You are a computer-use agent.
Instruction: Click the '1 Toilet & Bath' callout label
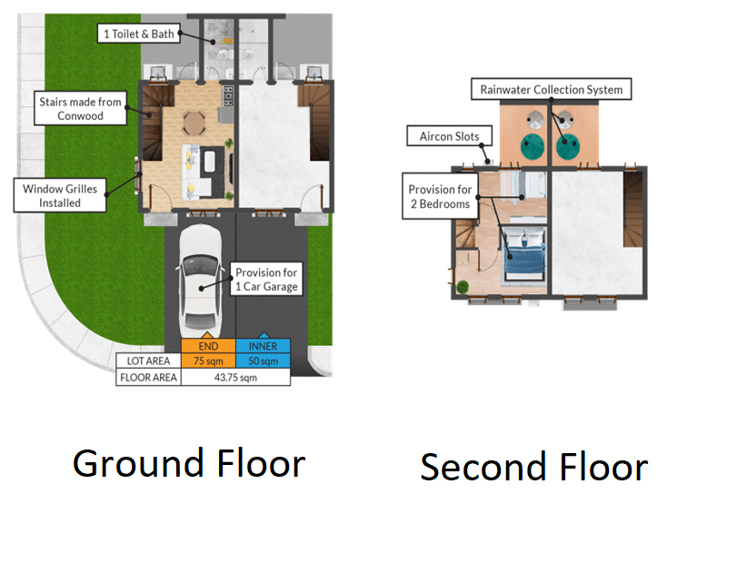139,34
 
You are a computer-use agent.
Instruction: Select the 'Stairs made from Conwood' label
80,108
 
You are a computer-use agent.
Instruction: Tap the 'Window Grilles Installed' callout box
60,195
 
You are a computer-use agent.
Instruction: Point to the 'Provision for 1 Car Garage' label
266,279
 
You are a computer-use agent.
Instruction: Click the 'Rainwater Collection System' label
552,89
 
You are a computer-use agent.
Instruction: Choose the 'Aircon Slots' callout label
449,136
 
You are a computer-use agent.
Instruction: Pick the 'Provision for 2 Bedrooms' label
440,196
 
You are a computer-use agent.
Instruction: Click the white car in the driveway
200,281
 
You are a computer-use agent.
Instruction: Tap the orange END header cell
208,346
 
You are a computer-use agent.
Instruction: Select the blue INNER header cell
263,346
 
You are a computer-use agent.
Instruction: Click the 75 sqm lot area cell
208,361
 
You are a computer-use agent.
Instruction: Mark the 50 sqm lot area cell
263,361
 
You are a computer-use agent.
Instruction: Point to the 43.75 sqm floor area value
235,377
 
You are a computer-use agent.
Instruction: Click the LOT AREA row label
148,361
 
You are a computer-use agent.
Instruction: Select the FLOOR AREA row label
148,377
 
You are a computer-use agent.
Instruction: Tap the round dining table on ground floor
194,123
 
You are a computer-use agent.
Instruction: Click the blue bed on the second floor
523,254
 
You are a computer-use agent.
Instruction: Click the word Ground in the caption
138,464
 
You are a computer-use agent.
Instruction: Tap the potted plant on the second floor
463,287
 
